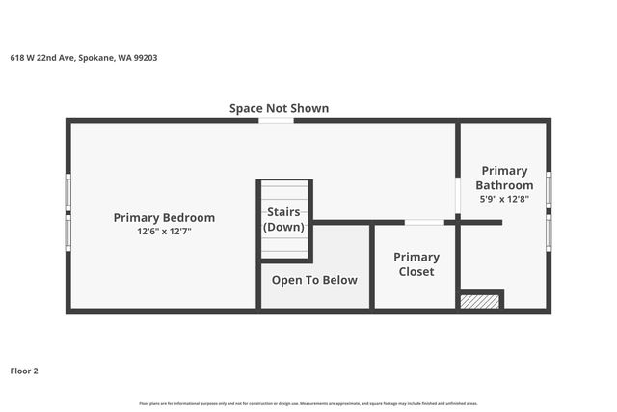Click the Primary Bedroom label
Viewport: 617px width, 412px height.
(164, 217)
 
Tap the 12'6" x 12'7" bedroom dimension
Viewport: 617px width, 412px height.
(164, 232)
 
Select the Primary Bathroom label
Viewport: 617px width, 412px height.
(504, 178)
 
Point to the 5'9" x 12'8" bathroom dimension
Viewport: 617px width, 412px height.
(504, 199)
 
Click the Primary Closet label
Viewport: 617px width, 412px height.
(416, 263)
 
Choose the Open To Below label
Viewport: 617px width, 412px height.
(314, 280)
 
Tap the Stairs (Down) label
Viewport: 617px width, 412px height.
(283, 219)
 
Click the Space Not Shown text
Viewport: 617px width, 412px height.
(279, 108)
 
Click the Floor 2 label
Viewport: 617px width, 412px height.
(24, 371)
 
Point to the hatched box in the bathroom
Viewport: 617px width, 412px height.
(480, 301)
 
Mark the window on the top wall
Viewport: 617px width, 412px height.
(276, 120)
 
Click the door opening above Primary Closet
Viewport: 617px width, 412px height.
(424, 223)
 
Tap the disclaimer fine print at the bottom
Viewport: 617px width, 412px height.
(308, 403)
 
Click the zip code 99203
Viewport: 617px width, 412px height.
(146, 58)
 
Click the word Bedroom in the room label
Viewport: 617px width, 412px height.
(188, 217)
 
